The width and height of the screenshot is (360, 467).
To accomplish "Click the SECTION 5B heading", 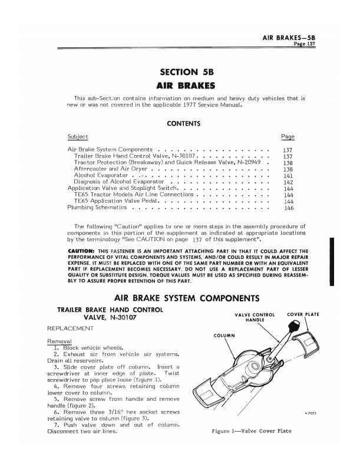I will tap(186, 73).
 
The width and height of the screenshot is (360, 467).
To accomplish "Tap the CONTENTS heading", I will tap(184, 124).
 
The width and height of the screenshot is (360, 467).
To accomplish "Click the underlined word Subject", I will tap(78, 137).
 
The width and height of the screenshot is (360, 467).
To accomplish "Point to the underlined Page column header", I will tap(288, 137).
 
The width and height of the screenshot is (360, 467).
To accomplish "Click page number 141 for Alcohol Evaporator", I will tap(289, 176).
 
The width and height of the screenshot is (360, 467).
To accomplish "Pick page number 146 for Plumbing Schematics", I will tap(289, 208).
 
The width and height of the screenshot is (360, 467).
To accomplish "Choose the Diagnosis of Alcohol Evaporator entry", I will tap(117, 182).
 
